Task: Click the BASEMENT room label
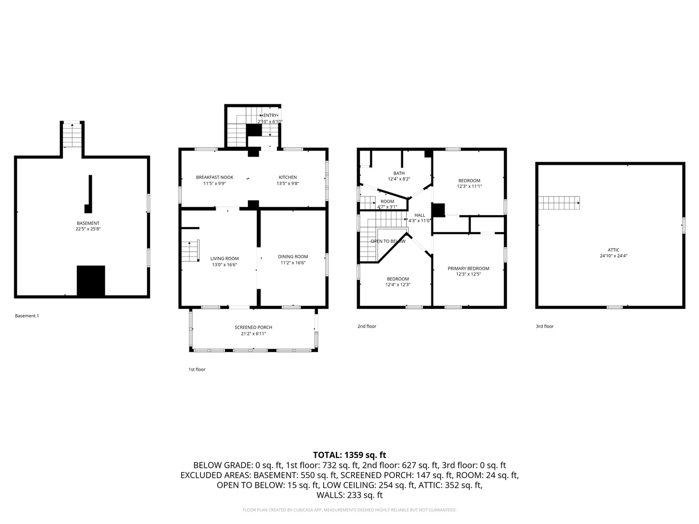[88, 223]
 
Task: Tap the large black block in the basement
[91, 281]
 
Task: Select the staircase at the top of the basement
[72, 135]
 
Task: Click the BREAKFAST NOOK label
[215, 177]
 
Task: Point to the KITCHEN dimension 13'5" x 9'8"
[288, 184]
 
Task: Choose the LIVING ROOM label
[224, 258]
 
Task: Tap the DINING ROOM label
[293, 257]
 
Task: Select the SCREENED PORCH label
[253, 327]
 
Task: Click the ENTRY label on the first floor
[270, 116]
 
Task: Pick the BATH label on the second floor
[399, 174]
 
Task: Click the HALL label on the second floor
[419, 215]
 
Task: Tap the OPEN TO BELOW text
[388, 241]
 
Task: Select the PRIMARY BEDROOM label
[468, 269]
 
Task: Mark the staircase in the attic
[559, 203]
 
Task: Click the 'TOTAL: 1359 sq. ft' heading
[349, 455]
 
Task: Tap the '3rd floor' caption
[544, 326]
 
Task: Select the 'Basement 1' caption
[27, 316]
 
